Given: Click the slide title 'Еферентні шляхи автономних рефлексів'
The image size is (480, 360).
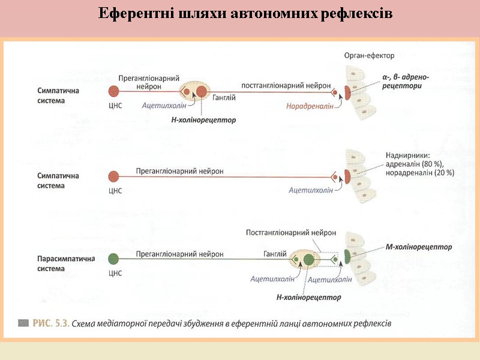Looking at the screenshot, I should [245, 13].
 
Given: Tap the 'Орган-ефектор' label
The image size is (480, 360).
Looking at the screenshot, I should [369, 56].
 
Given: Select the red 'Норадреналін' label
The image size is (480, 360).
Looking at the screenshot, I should [310, 106].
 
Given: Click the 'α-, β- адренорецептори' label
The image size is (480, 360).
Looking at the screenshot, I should [405, 82].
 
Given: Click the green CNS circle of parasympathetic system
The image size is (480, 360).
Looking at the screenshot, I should [114, 259].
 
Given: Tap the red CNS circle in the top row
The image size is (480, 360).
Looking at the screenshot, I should [114, 92].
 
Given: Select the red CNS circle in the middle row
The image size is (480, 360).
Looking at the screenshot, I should [114, 176].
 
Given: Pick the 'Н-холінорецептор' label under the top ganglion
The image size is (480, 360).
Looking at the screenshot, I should [203, 120].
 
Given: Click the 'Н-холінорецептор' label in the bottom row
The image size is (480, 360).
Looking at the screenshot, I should [308, 297].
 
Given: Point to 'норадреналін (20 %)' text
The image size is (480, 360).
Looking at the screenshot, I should [419, 172].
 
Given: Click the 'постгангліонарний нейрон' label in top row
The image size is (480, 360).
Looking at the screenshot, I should [285, 85].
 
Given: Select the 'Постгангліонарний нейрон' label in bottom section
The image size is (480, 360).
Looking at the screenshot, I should [291, 232].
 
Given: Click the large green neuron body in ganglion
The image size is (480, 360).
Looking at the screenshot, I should [308, 260].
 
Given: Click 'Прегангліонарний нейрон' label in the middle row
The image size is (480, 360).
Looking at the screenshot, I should [179, 171].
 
